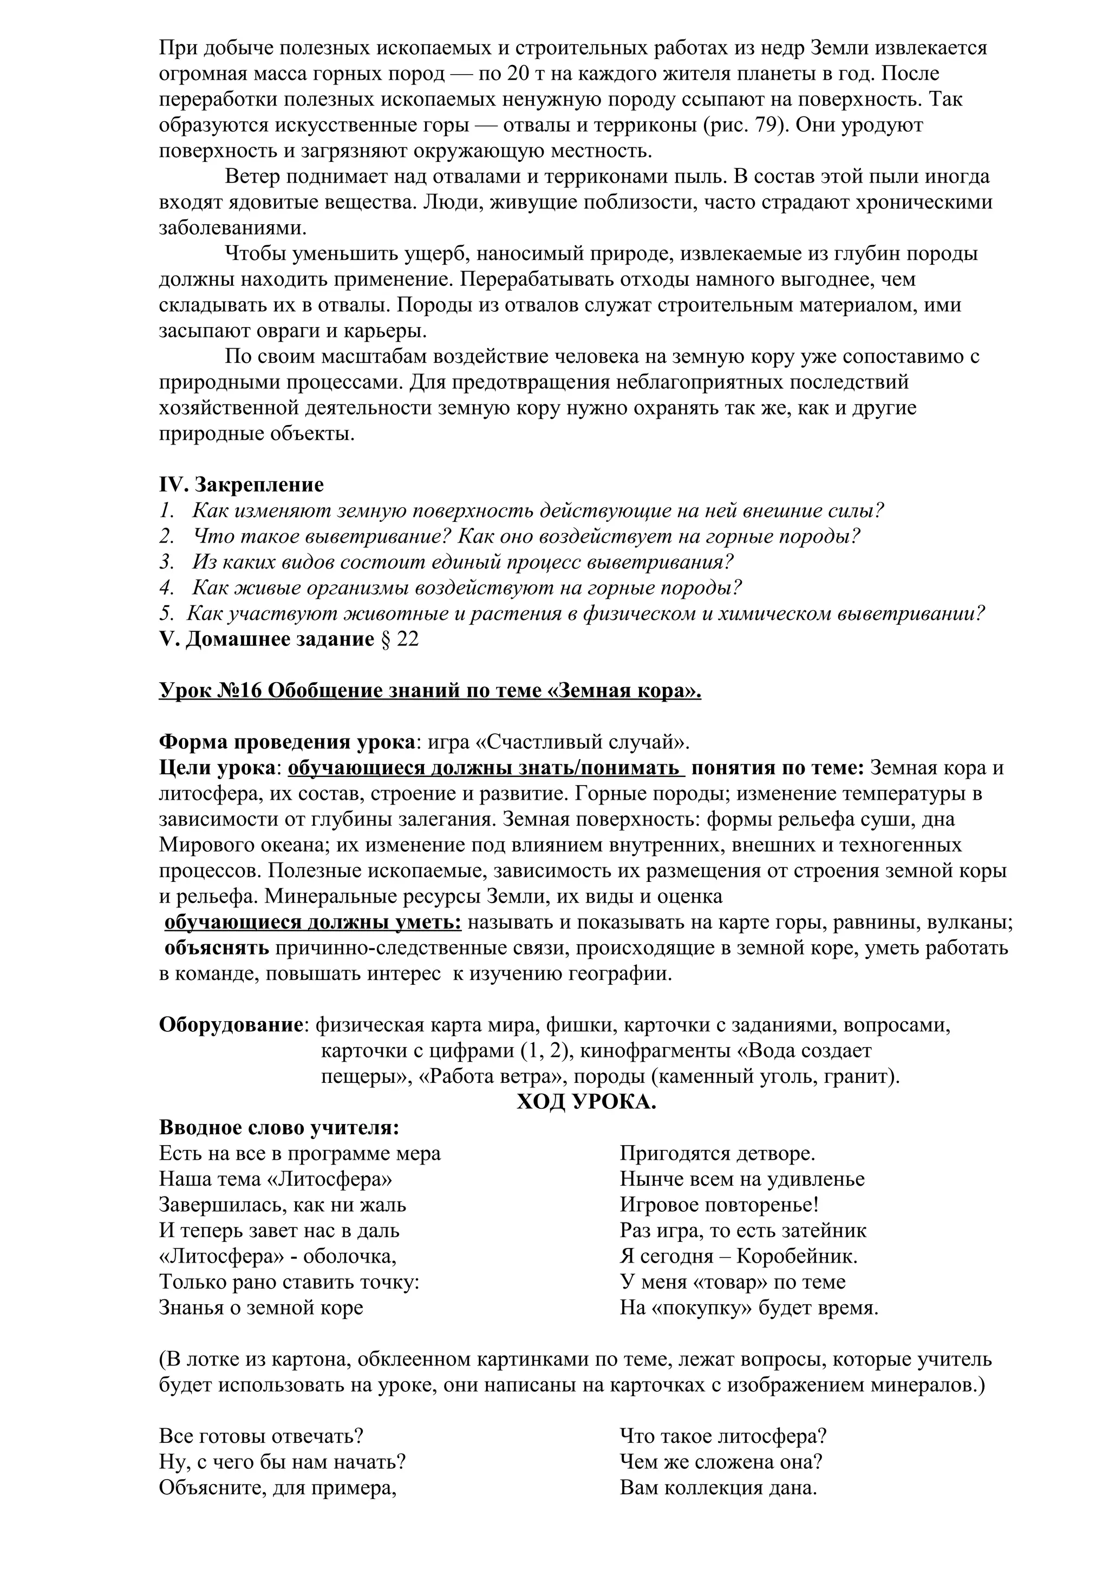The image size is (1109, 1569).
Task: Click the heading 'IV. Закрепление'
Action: pyautogui.click(x=241, y=485)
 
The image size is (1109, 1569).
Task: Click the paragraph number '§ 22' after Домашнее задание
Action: pyautogui.click(x=399, y=639)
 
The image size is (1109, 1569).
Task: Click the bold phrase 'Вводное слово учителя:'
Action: pyautogui.click(x=279, y=1128)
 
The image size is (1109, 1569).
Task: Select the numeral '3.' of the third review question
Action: pyautogui.click(x=167, y=562)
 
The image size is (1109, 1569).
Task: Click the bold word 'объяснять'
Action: pyautogui.click(x=217, y=949)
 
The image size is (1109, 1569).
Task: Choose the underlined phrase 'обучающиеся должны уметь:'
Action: pyautogui.click(x=313, y=923)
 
